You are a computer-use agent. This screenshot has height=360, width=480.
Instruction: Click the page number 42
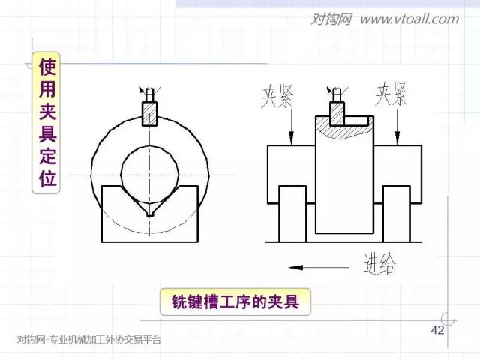438,331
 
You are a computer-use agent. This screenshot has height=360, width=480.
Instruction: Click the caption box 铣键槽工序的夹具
235,302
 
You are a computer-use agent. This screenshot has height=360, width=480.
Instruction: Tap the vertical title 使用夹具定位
46,124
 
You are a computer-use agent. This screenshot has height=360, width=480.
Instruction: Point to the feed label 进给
379,263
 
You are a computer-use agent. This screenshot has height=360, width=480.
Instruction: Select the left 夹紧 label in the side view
278,97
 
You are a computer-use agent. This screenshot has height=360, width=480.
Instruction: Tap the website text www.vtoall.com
409,19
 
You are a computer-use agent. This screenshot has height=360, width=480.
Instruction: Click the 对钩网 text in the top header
331,19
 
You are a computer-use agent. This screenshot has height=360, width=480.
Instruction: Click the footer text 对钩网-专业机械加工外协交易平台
89,340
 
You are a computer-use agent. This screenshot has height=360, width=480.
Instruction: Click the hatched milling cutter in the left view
150,113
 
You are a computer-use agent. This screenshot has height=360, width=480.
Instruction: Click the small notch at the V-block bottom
150,214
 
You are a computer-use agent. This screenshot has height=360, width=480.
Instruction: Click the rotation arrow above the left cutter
145,90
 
